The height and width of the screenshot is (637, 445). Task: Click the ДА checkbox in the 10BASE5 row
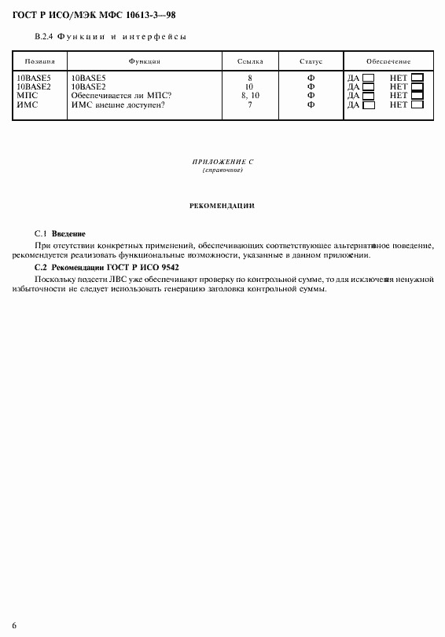pos(367,78)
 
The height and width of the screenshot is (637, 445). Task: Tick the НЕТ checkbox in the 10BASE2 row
pos(417,86)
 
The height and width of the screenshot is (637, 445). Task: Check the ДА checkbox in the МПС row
pos(367,95)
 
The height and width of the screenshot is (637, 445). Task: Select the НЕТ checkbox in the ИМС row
pos(417,104)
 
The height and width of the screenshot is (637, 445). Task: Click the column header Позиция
pos(39,60)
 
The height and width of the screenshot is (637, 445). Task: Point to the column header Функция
pos(145,60)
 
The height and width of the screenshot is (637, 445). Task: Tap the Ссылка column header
pos(250,60)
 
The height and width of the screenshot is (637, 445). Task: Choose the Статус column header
pos(311,60)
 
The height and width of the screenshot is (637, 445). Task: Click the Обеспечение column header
pos(388,60)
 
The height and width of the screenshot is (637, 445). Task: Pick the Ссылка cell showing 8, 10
pos(250,95)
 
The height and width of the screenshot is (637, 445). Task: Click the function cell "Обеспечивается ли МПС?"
pos(122,95)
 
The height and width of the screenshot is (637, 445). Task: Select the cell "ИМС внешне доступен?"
pos(118,104)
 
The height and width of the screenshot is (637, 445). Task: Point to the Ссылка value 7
pos(250,104)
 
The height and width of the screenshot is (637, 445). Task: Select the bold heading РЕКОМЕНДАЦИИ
pos(222,206)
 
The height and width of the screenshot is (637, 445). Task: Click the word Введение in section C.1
pos(68,234)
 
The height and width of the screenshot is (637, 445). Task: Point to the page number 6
pos(14,625)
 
